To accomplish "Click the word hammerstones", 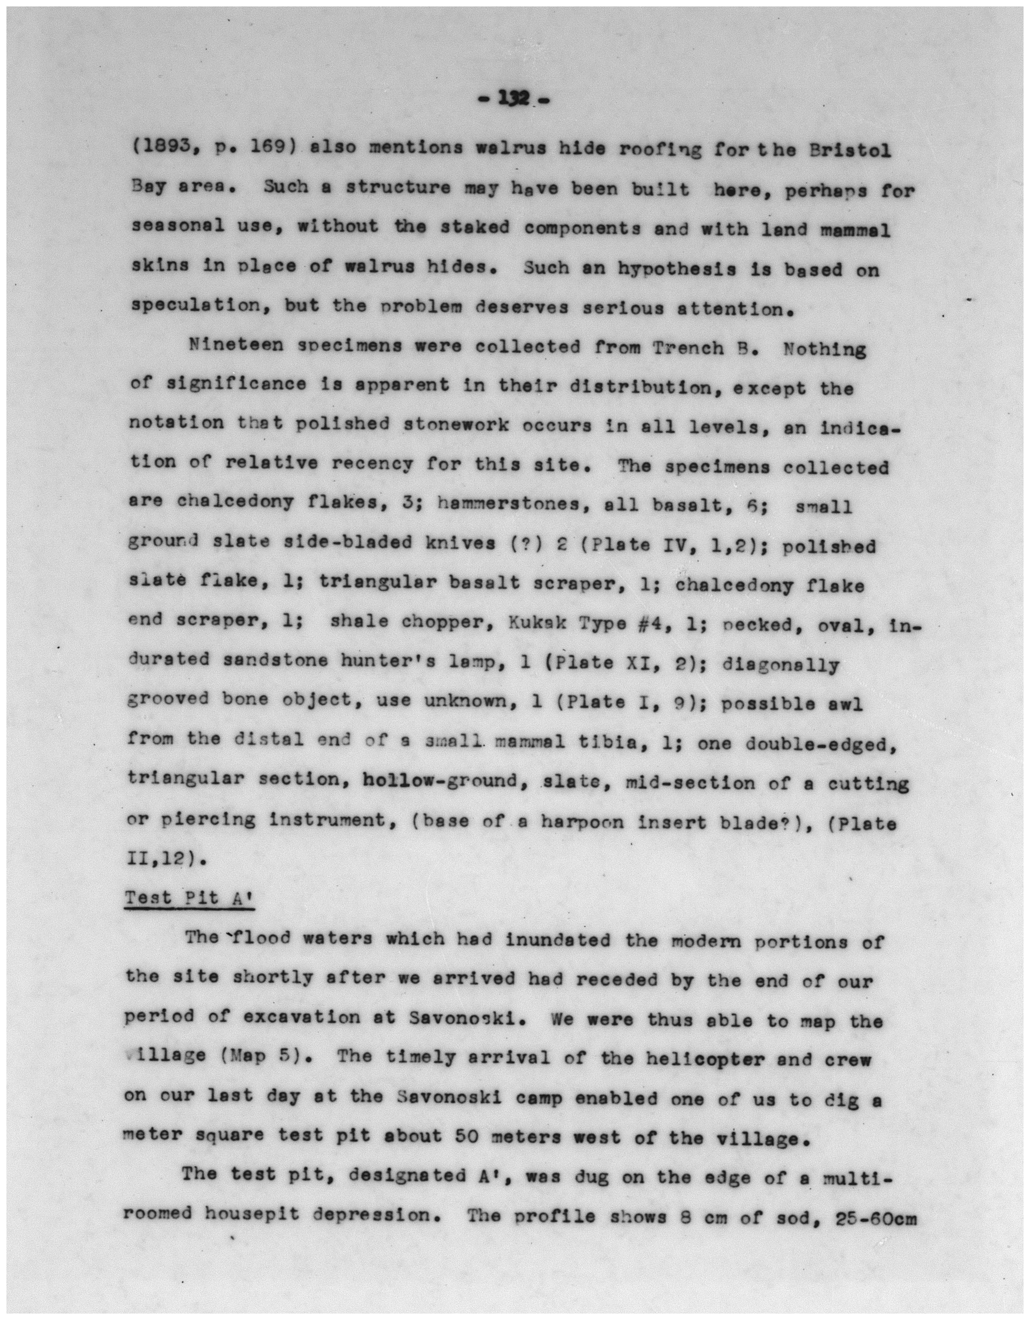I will (x=513, y=503).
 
